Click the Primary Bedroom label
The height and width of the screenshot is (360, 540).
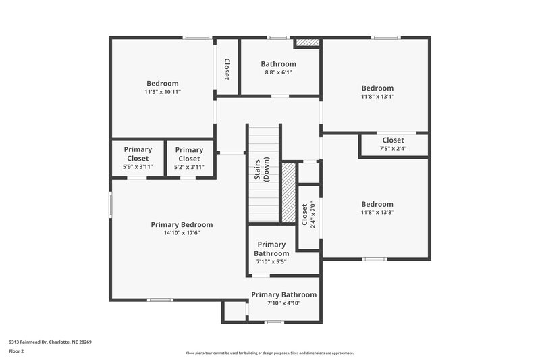(182, 225)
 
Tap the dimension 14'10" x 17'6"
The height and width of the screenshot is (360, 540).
(182, 233)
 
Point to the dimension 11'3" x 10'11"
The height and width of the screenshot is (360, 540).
(162, 92)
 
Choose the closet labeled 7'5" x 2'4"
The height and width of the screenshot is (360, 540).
(393, 144)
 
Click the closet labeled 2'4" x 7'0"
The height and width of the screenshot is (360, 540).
(308, 214)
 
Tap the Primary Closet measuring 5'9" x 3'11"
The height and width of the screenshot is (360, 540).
(138, 158)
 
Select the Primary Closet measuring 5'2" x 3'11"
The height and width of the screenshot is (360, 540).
(189, 158)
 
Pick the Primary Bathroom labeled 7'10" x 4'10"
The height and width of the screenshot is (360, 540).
(284, 299)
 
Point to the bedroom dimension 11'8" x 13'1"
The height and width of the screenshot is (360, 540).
(377, 97)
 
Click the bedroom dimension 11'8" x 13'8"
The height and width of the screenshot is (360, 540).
(377, 213)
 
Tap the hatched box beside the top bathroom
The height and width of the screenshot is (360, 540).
(308, 43)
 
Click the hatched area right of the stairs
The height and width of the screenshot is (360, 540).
(288, 193)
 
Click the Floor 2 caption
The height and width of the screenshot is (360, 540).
(16, 351)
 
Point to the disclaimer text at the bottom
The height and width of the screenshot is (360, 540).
(269, 353)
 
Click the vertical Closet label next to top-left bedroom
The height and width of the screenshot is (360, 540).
(227, 69)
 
